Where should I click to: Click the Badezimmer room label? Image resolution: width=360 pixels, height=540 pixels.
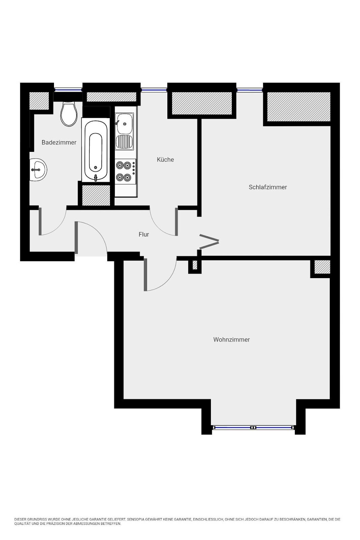59,142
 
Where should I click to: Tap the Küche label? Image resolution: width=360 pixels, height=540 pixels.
165,159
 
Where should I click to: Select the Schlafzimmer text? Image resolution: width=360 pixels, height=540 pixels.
268,187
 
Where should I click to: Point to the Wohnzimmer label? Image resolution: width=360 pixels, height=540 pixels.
231,340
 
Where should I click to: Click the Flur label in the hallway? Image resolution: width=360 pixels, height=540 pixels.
144,234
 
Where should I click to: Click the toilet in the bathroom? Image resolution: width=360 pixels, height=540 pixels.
69,113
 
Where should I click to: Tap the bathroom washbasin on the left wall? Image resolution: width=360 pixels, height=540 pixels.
38,170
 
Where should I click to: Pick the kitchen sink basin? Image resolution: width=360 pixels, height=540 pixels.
124,124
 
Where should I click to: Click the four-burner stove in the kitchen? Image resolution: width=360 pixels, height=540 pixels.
125,171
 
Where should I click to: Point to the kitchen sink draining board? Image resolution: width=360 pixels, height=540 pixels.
124,142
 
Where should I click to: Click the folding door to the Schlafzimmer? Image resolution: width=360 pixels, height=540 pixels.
209,241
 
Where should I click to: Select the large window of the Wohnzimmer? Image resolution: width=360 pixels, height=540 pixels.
253,427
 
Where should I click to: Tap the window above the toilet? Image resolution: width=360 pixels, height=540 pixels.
68,90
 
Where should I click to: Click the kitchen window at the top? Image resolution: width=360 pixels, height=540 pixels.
154,90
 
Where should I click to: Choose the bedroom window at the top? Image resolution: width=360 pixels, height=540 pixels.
250,90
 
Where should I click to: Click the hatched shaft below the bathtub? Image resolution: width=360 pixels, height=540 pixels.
96,195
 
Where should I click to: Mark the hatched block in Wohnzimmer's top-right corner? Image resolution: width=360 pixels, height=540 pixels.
322,267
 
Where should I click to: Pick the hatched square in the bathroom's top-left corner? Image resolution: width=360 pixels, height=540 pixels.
39,101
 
